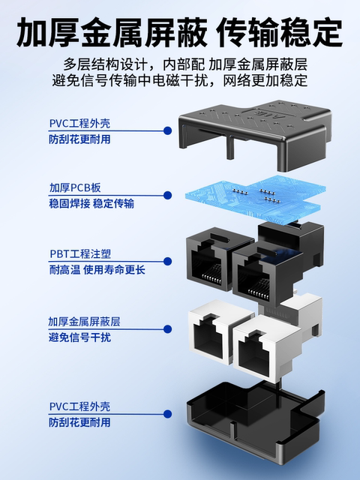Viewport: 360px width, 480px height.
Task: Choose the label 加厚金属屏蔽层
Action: pyautogui.click(x=84, y=321)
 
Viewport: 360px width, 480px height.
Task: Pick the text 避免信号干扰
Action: pyautogui.click(x=79, y=337)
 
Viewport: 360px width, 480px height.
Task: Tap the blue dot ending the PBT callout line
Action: pyautogui.click(x=164, y=263)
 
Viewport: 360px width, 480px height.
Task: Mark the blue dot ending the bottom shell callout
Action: pyautogui.click(x=164, y=415)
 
